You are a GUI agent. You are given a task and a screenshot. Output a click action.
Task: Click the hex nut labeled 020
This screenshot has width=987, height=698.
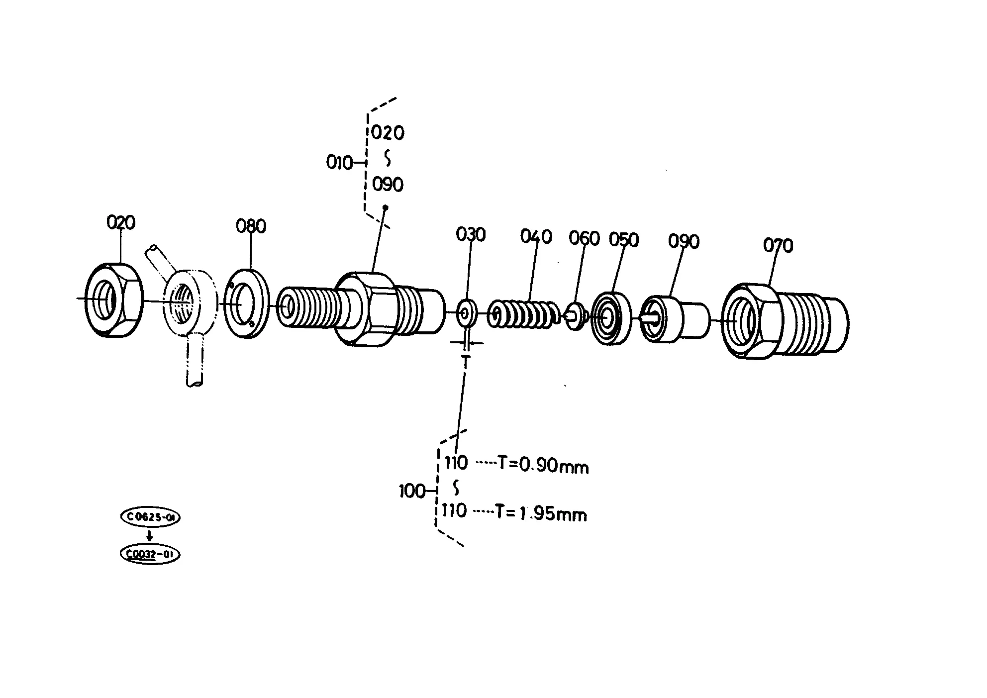click(x=113, y=300)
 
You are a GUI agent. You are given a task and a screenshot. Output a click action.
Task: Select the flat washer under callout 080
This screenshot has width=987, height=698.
click(x=246, y=304)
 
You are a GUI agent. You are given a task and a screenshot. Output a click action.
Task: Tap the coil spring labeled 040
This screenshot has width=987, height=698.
click(x=524, y=313)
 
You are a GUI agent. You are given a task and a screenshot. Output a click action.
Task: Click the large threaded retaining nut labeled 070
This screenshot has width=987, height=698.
click(x=785, y=321)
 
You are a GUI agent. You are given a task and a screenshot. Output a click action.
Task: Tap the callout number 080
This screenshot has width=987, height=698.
click(x=251, y=226)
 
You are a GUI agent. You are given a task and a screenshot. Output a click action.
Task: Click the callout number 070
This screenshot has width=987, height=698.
click(x=778, y=245)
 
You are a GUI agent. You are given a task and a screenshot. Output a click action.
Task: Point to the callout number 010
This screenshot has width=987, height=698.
click(x=339, y=163)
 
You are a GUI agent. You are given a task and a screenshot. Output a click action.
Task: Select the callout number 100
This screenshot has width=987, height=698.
click(x=412, y=492)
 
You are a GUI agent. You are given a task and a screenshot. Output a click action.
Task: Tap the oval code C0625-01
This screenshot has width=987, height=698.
click(x=150, y=517)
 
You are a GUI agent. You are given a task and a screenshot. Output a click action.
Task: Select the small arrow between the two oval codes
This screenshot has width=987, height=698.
click(x=149, y=535)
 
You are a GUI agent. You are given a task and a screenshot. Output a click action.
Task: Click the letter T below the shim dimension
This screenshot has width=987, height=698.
click(x=466, y=361)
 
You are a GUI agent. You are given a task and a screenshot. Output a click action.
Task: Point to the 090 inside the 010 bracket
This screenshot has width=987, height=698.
click(x=388, y=185)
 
